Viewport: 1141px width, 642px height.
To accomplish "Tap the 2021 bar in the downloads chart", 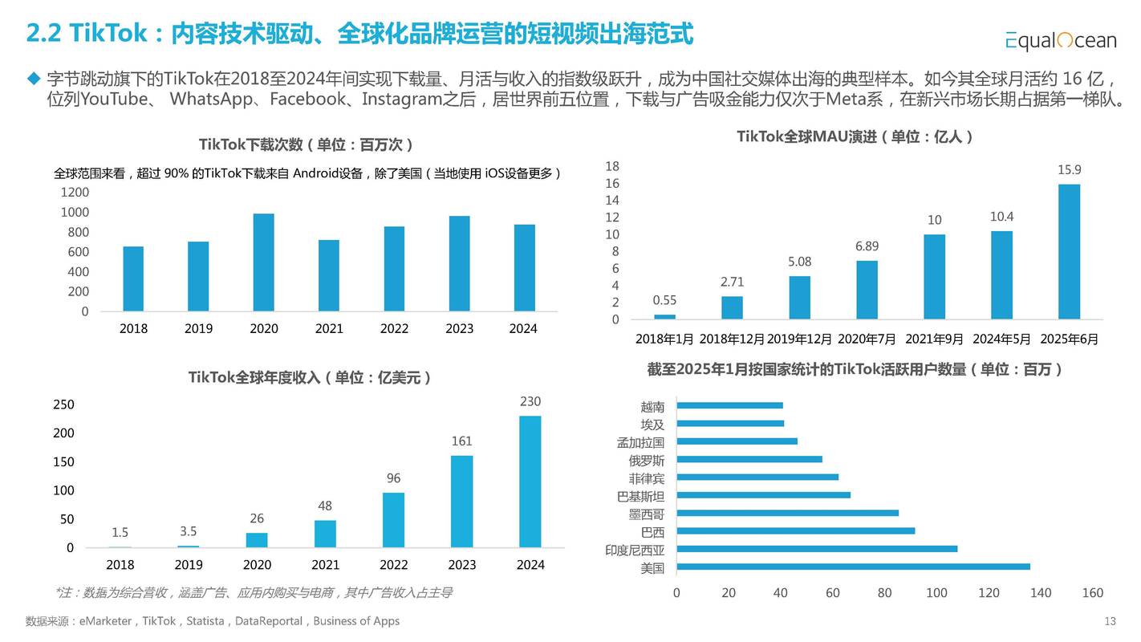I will [x=328, y=275].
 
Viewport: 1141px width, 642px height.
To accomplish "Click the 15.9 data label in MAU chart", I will [x=1069, y=169].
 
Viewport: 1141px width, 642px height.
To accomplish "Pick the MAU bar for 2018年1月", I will [x=664, y=316].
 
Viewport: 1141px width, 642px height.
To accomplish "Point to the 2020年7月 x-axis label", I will [x=867, y=339].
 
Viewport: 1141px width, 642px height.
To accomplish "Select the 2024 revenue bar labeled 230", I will [x=530, y=481].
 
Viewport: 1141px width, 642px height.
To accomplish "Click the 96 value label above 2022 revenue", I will [x=393, y=478].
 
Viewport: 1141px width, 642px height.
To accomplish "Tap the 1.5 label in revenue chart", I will [x=120, y=532].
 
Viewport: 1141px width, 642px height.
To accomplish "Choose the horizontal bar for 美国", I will [x=853, y=567].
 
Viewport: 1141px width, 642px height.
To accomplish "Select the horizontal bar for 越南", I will [x=729, y=405].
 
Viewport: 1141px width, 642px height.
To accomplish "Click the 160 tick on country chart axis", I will [x=1092, y=593].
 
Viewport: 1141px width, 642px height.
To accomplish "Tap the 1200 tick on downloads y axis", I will [x=75, y=192].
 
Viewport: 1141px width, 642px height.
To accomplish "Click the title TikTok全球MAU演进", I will [x=855, y=136].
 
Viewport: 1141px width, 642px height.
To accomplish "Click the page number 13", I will [x=1111, y=621].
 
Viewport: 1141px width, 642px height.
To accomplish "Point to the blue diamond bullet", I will [x=33, y=79].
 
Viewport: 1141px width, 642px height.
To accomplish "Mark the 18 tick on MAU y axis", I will [x=612, y=166].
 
